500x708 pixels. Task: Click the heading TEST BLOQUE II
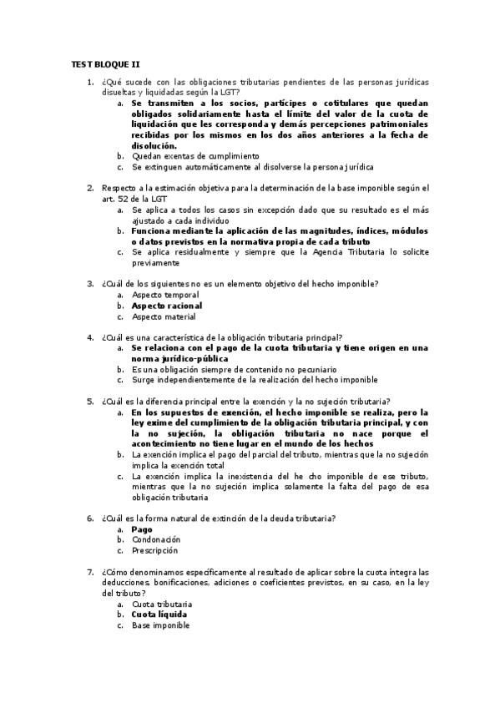point(105,63)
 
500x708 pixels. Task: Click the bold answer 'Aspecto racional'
point(167,306)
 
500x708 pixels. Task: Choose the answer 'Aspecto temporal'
point(165,295)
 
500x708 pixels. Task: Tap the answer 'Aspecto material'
point(164,316)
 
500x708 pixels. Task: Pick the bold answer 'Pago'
point(142,529)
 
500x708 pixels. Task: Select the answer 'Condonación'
point(156,539)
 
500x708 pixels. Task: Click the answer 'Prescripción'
point(156,550)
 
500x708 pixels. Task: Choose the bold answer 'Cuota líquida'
point(159,614)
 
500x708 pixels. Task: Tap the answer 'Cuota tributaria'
point(162,603)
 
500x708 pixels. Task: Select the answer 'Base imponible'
point(159,625)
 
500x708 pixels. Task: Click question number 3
point(90,284)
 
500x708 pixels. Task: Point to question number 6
point(90,518)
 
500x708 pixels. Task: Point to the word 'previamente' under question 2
point(156,262)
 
